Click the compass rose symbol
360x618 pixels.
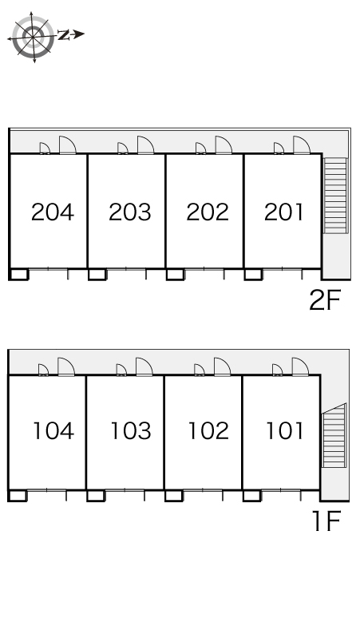[x=34, y=37]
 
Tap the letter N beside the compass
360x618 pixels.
[x=63, y=34]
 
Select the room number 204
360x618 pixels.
[x=53, y=212]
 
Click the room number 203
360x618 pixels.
[x=130, y=212]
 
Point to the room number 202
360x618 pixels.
[x=208, y=212]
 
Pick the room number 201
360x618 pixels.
[x=283, y=212]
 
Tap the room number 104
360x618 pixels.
[x=53, y=430]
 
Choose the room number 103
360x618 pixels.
[x=131, y=430]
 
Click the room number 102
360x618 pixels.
[x=209, y=430]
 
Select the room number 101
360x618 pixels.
[x=285, y=430]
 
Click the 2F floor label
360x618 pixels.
[x=325, y=300]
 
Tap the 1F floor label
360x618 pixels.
[x=326, y=521]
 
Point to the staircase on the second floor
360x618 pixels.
[x=335, y=196]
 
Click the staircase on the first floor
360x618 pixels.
[x=334, y=435]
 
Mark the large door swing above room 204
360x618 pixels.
[x=67, y=145]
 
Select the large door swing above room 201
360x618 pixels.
[x=301, y=145]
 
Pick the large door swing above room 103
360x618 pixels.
[x=144, y=366]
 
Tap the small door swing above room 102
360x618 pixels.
[x=200, y=370]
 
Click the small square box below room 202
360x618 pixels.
[x=175, y=275]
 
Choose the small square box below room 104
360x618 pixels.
[x=18, y=496]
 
